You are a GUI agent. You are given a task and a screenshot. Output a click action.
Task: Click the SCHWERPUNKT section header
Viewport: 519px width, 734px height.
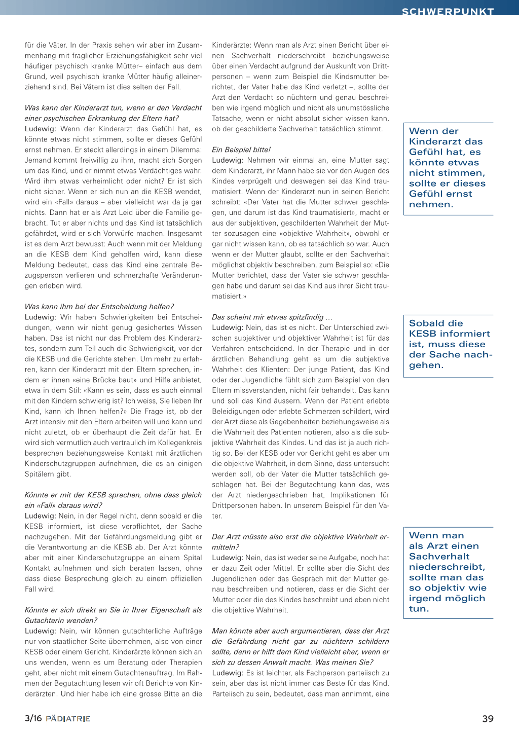click(448, 11)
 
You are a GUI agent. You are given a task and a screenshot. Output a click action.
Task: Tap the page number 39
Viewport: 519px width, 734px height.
click(488, 719)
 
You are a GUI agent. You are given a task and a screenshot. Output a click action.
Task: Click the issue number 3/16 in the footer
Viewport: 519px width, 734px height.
click(33, 718)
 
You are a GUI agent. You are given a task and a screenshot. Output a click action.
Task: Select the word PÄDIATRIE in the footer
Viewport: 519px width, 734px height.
click(68, 719)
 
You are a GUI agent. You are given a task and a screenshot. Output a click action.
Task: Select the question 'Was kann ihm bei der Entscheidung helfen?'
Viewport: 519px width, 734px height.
click(99, 307)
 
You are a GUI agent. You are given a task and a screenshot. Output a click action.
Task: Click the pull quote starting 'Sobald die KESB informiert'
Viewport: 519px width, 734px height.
click(449, 344)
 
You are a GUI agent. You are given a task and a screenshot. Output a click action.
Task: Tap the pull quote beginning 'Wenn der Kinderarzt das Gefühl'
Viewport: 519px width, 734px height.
click(447, 168)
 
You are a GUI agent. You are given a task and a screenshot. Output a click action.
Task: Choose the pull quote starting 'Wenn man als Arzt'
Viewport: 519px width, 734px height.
click(447, 572)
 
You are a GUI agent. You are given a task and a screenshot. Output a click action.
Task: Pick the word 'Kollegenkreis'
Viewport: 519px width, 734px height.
click(180, 443)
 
